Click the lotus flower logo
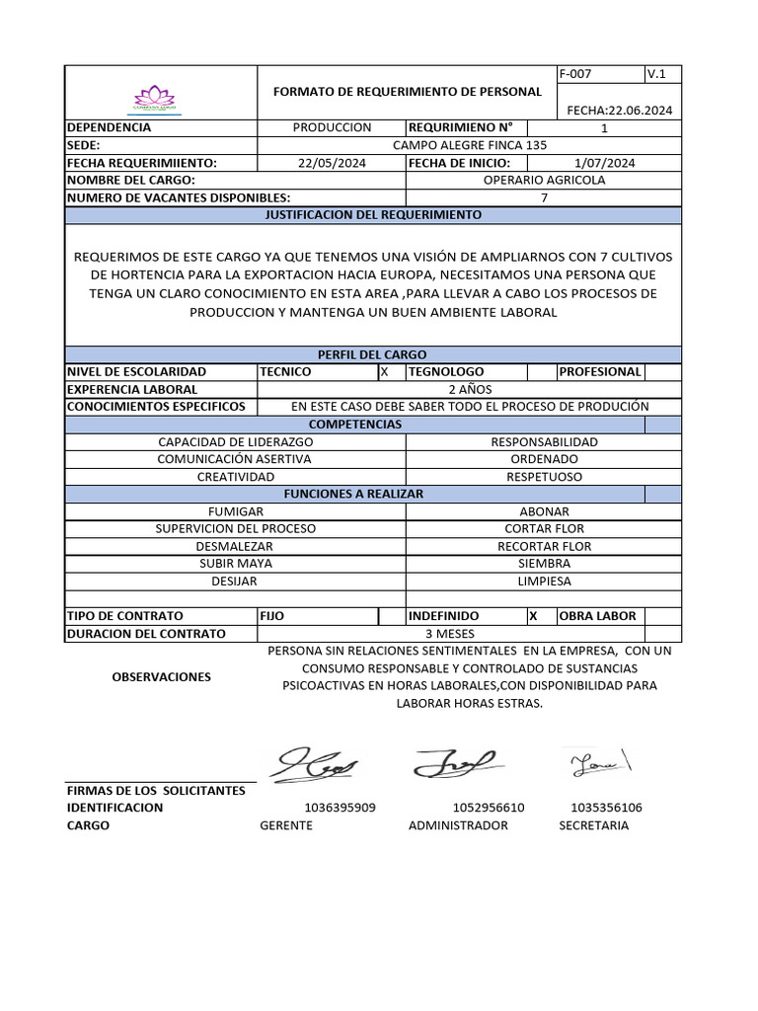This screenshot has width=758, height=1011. [154, 98]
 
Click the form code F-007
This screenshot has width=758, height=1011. [574, 74]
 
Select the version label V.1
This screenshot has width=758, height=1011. [656, 74]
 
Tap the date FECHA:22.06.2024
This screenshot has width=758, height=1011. [619, 110]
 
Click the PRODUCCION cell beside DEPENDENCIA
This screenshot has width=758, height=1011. [332, 127]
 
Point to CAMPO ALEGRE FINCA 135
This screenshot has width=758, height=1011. [469, 145]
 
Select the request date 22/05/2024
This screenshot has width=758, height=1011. [332, 163]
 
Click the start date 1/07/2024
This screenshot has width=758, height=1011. [604, 163]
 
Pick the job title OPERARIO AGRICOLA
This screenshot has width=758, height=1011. [544, 180]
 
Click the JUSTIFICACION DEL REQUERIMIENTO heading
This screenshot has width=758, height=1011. [373, 214]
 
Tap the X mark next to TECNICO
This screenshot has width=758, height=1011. [384, 372]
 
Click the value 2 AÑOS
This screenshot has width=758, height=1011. [469, 389]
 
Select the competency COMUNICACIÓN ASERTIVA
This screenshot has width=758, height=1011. [235, 459]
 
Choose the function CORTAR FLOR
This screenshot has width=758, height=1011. [544, 528]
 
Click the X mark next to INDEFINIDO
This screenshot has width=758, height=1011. [533, 615]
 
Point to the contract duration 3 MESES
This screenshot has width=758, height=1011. [449, 634]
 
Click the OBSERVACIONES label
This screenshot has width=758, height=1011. [161, 677]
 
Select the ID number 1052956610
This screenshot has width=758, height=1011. [489, 808]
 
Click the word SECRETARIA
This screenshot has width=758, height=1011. [593, 825]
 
